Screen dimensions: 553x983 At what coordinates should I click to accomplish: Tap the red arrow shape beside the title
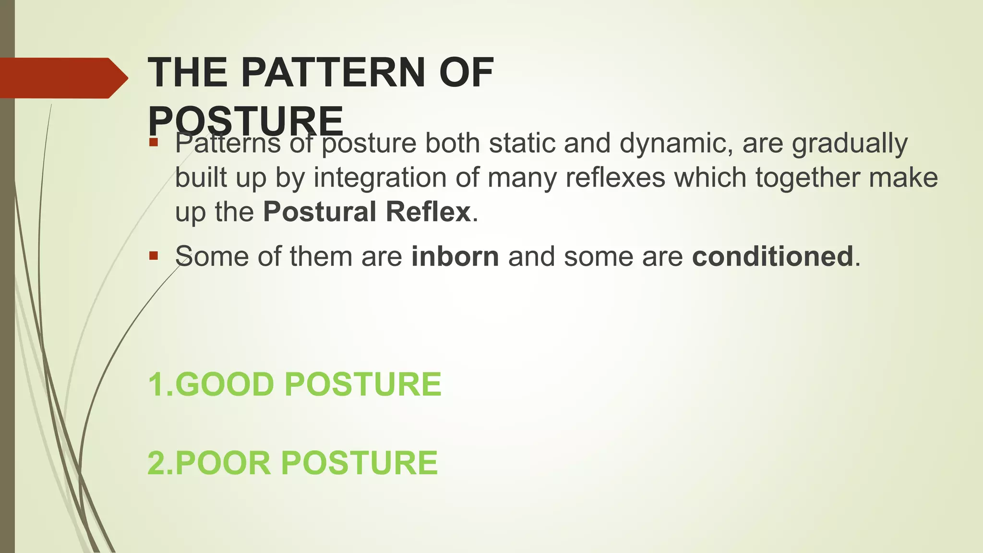pos(62,78)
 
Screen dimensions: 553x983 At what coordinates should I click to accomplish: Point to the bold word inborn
pos(455,256)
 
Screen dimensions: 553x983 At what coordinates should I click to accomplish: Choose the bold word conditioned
pos(772,256)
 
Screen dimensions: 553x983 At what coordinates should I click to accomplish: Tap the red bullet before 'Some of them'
pos(154,255)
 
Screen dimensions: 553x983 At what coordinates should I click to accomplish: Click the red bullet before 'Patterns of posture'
pos(154,142)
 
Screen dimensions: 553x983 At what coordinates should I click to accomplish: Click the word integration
pos(380,178)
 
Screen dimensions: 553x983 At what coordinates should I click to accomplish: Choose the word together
pos(807,178)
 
